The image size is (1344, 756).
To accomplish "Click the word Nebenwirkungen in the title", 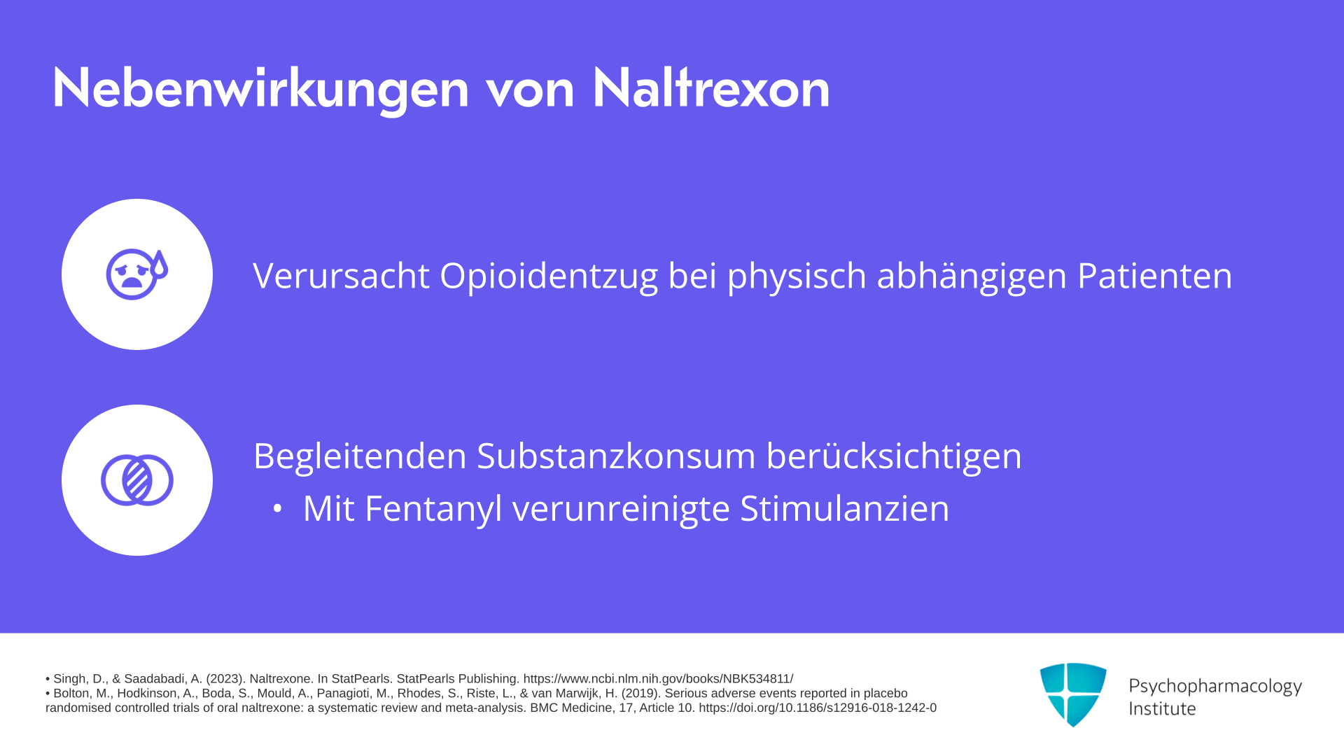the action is tap(260, 89).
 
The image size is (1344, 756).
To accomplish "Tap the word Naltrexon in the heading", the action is tap(710, 87).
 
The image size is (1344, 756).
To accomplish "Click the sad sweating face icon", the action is tap(137, 274).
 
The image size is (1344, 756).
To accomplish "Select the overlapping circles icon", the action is tap(137, 480).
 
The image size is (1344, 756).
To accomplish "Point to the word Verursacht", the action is tap(341, 276).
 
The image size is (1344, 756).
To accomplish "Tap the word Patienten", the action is tap(1154, 276).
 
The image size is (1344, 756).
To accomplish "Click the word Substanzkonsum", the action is tap(616, 456).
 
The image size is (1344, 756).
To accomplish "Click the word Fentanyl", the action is tap(433, 509).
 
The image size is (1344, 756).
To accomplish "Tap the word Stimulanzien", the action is tap(844, 508).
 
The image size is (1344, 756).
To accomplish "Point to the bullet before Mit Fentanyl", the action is tap(277, 509).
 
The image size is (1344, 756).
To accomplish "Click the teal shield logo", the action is tap(1073, 694).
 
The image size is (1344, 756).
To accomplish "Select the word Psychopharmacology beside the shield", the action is tap(1215, 686).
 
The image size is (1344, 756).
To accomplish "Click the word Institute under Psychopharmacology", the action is tap(1162, 708).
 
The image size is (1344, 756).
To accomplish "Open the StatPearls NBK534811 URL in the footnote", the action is tap(658, 679).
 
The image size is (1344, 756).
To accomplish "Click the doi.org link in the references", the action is tap(818, 708).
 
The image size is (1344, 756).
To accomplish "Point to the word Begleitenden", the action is tap(360, 456).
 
